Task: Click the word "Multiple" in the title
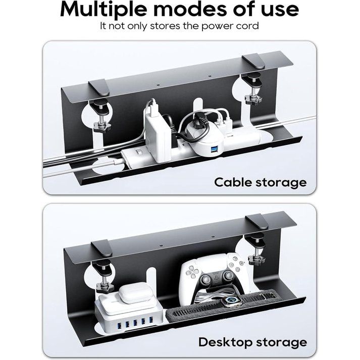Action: pyautogui.click(x=104, y=10)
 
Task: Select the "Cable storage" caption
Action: pyautogui.click(x=261, y=183)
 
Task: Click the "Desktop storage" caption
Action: pyautogui.click(x=252, y=342)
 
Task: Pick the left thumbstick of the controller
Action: pyautogui.click(x=206, y=279)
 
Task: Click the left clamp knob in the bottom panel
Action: pyautogui.click(x=105, y=286)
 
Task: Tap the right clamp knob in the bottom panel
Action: pyautogui.click(x=256, y=260)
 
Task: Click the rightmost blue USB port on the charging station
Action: pyautogui.click(x=151, y=319)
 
